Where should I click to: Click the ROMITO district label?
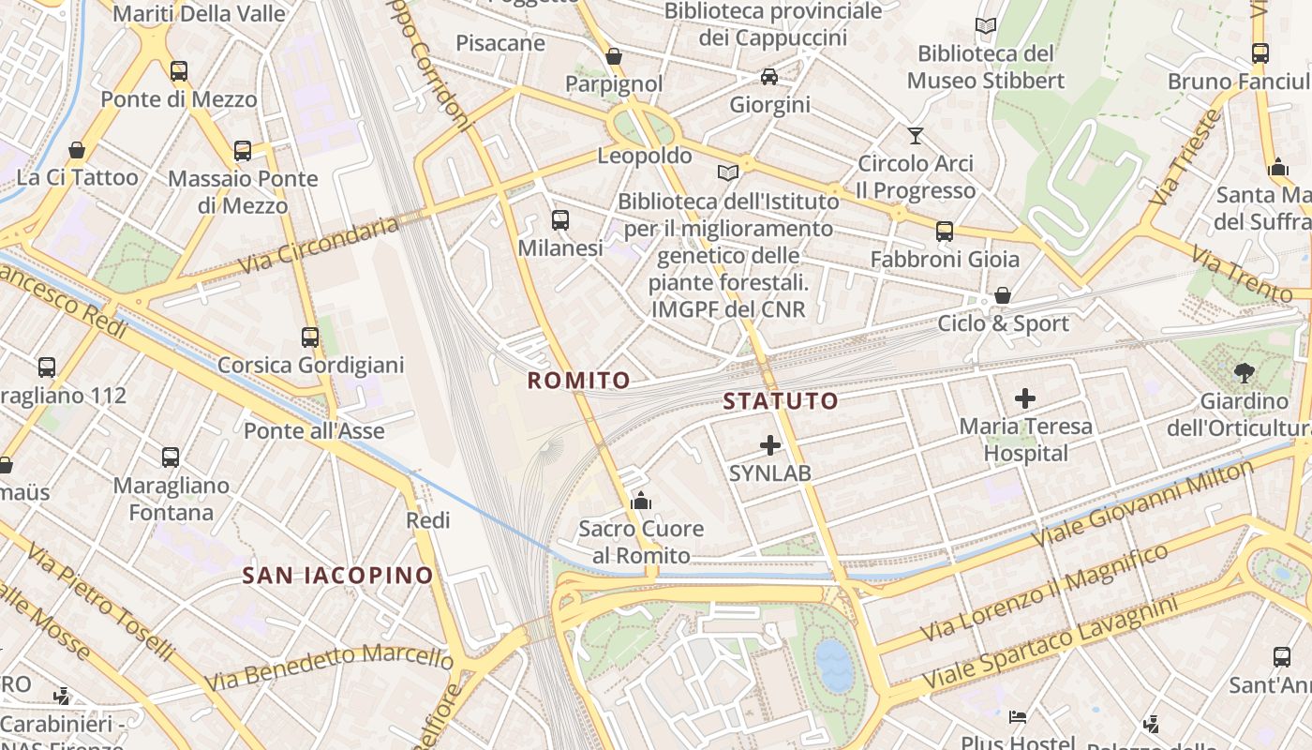[x=578, y=381]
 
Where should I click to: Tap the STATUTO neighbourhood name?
[x=781, y=402]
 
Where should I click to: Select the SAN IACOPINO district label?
[x=337, y=576]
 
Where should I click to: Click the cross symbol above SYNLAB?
[x=770, y=445]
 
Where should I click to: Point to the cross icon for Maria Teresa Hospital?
[x=1025, y=398]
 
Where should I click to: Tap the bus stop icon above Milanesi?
[x=560, y=220]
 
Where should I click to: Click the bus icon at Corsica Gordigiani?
[x=310, y=337]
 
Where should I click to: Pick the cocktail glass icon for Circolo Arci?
[x=916, y=136]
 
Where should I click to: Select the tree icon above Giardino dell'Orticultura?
[x=1245, y=373]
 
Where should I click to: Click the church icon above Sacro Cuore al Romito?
[x=641, y=501]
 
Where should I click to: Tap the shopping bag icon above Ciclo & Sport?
[x=1003, y=296]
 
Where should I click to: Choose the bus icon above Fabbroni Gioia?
[x=945, y=231]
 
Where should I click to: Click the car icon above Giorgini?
[x=769, y=77]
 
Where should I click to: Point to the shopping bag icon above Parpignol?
[x=614, y=57]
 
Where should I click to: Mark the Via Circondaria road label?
[x=319, y=246]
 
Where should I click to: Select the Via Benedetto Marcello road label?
[x=328, y=666]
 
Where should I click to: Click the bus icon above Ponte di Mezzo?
[x=178, y=71]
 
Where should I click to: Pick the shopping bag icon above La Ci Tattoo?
[x=77, y=150]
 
